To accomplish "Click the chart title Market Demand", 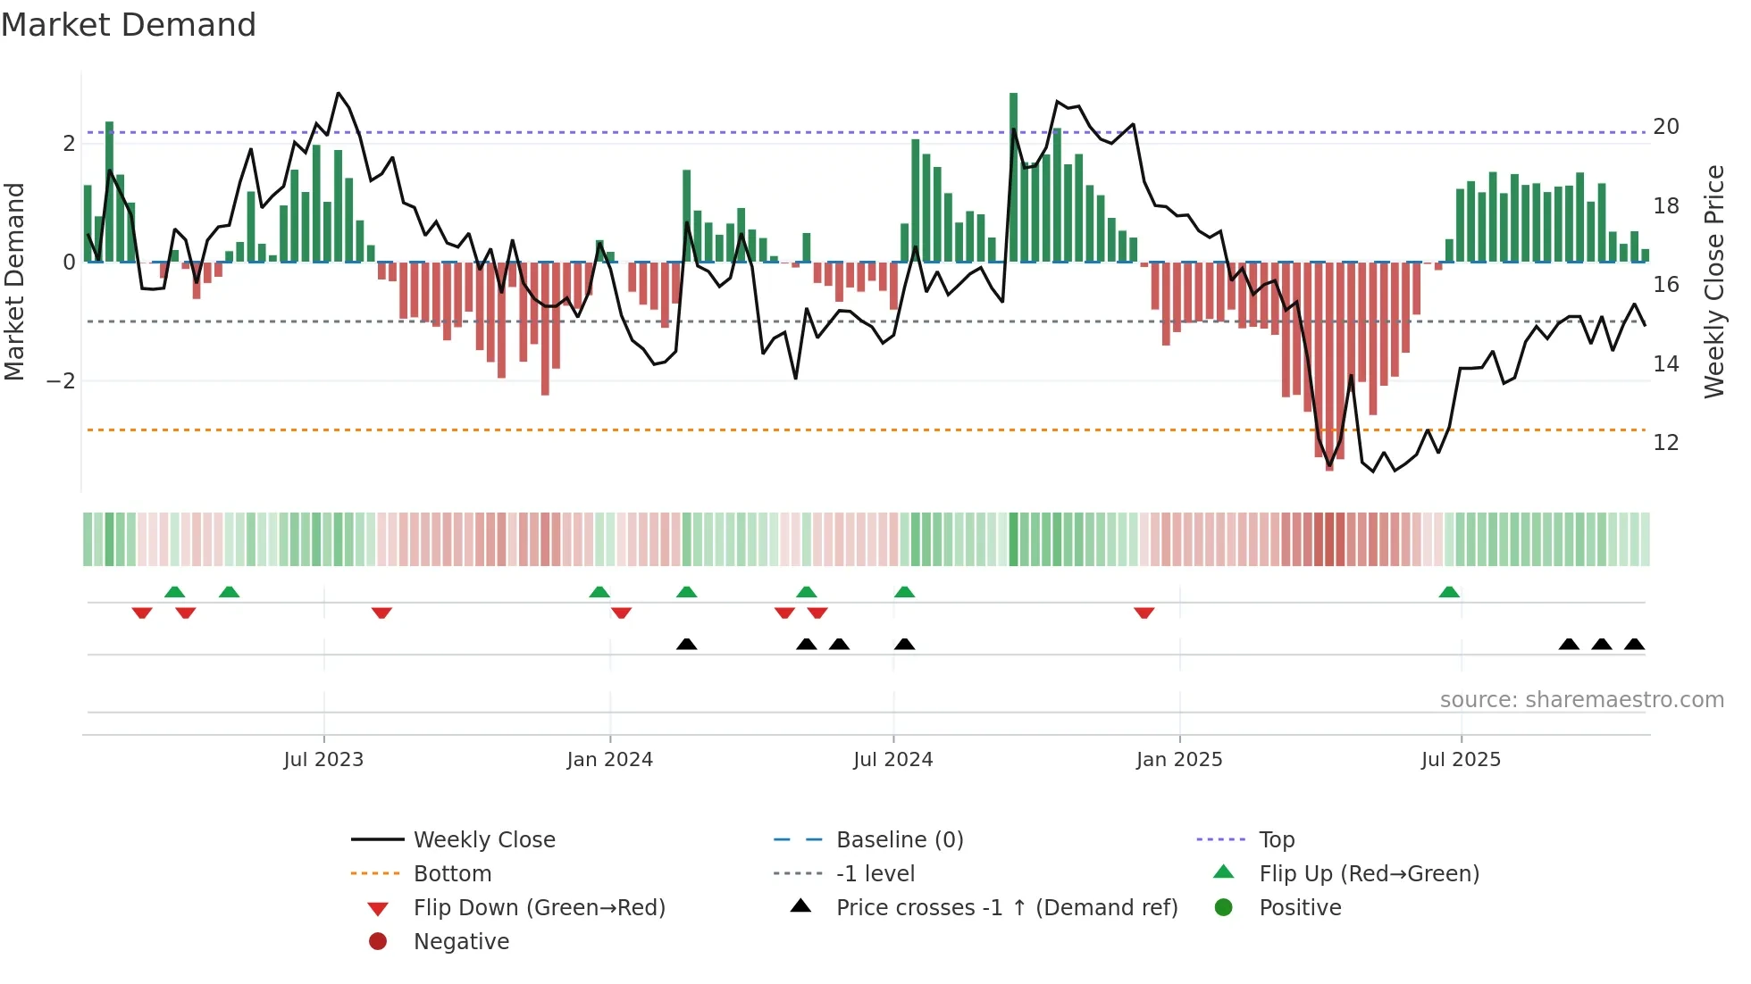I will point(129,25).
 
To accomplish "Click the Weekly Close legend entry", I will point(483,839).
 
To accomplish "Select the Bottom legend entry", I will point(452,873).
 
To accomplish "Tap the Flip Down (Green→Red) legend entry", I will point(539,907).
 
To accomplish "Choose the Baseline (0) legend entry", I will point(899,839).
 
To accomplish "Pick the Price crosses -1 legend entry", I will point(1006,907).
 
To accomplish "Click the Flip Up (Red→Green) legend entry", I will point(1369,873).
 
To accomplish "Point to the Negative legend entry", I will point(461,941).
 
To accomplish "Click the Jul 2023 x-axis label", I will point(323,760).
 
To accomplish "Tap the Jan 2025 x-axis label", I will point(1178,760).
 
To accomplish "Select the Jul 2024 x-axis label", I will point(892,760).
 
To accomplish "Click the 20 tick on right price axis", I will point(1665,127).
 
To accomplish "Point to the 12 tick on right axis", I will point(1665,443).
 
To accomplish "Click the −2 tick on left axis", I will point(62,381).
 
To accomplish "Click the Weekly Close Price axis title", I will point(1713,281).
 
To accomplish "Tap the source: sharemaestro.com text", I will point(1581,700).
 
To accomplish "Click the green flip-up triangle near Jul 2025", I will point(1449,592).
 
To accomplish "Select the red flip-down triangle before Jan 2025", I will point(1144,613).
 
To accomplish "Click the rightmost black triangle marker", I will point(1634,644).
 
